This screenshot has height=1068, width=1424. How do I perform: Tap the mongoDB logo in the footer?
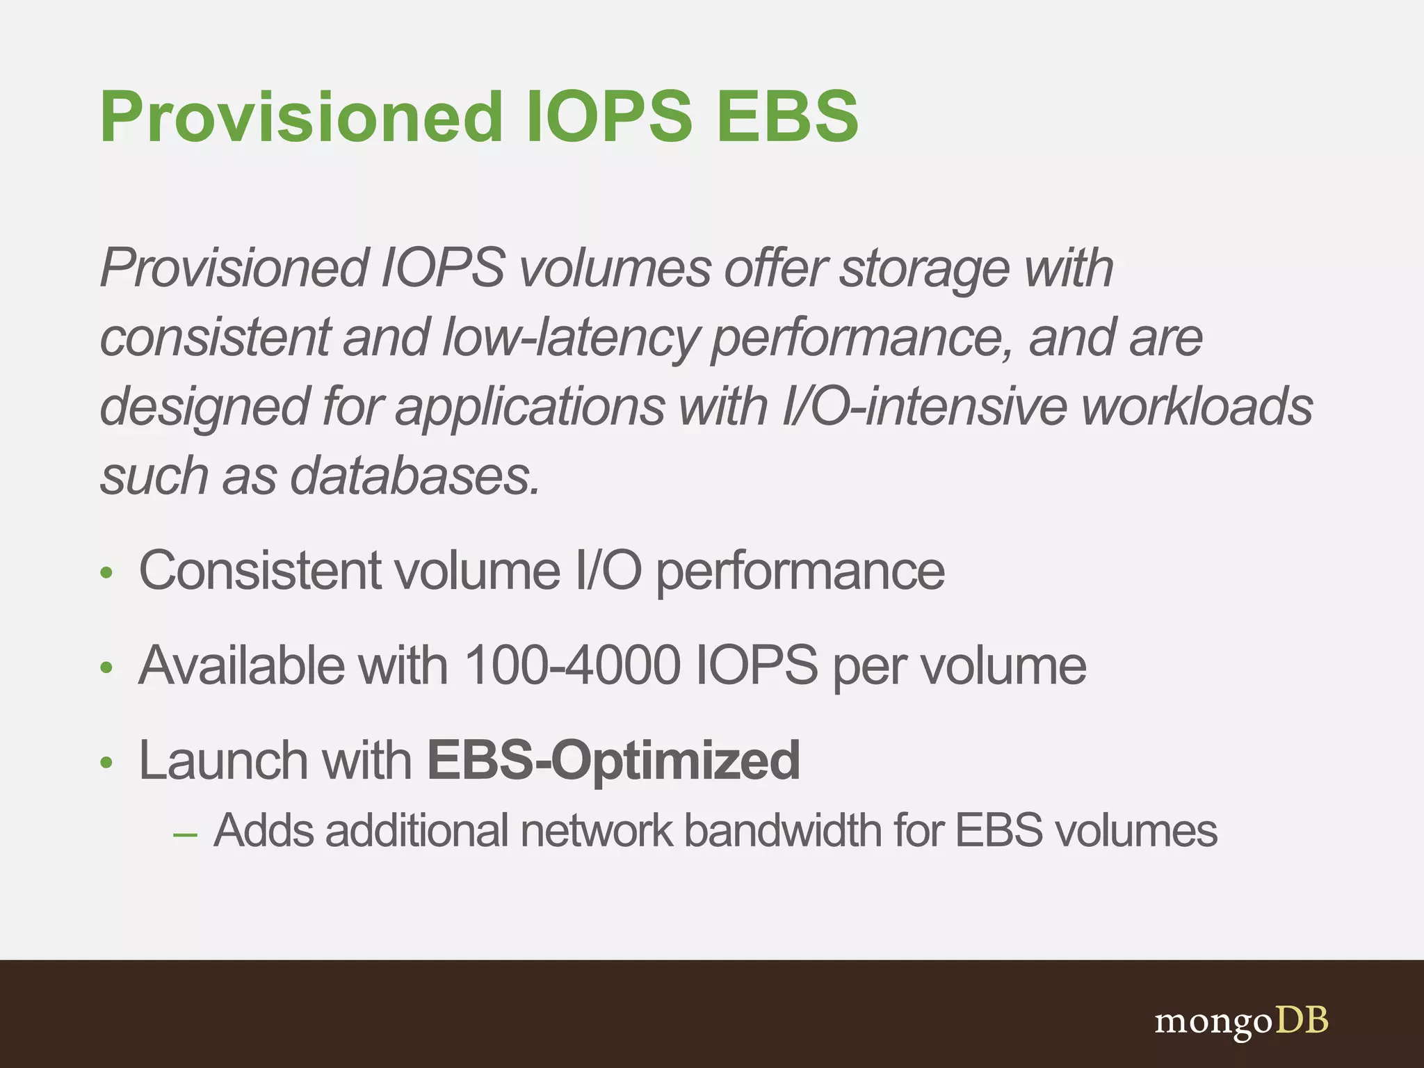pyautogui.click(x=1241, y=1021)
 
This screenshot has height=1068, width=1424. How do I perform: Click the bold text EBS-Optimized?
pyautogui.click(x=613, y=761)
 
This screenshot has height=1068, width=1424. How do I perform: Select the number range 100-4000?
pyautogui.click(x=572, y=665)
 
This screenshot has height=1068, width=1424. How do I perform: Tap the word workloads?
pyautogui.click(x=1197, y=407)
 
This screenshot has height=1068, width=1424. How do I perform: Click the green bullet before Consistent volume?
pyautogui.click(x=106, y=573)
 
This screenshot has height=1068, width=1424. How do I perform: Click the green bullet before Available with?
pyautogui.click(x=106, y=668)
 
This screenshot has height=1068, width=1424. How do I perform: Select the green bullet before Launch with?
pyautogui.click(x=106, y=763)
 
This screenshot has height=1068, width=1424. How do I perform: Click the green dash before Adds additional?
pyautogui.click(x=185, y=834)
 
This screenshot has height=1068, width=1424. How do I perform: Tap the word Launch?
pyautogui.click(x=222, y=761)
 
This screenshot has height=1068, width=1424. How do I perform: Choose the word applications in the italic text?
pyautogui.click(x=530, y=407)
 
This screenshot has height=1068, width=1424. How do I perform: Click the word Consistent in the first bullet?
pyautogui.click(x=260, y=571)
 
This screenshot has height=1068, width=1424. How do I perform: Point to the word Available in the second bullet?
pyautogui.click(x=241, y=665)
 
